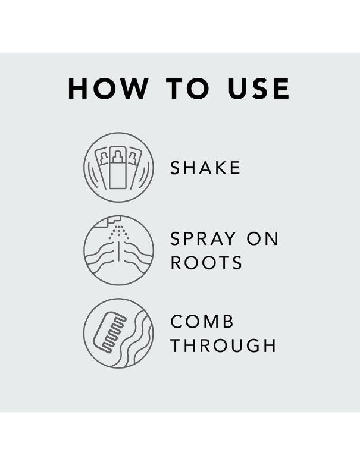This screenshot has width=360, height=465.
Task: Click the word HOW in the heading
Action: pyautogui.click(x=108, y=89)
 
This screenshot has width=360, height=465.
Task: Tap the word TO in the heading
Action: pyautogui.click(x=187, y=89)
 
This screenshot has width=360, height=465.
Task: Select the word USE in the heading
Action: pyautogui.click(x=258, y=89)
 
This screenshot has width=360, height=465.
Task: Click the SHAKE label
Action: pyautogui.click(x=205, y=168)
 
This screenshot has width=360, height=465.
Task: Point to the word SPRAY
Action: pyautogui.click(x=203, y=238)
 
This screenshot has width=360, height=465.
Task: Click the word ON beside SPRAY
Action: pyautogui.click(x=262, y=238)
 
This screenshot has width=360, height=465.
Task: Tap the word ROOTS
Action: pyautogui.click(x=206, y=262)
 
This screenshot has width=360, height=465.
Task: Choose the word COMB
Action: pyautogui.click(x=202, y=322)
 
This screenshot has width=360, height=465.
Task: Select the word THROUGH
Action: pyautogui.click(x=224, y=345)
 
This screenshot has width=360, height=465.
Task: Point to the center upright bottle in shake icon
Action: pyautogui.click(x=118, y=168)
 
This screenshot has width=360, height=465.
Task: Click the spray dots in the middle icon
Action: pyautogui.click(x=119, y=232)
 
